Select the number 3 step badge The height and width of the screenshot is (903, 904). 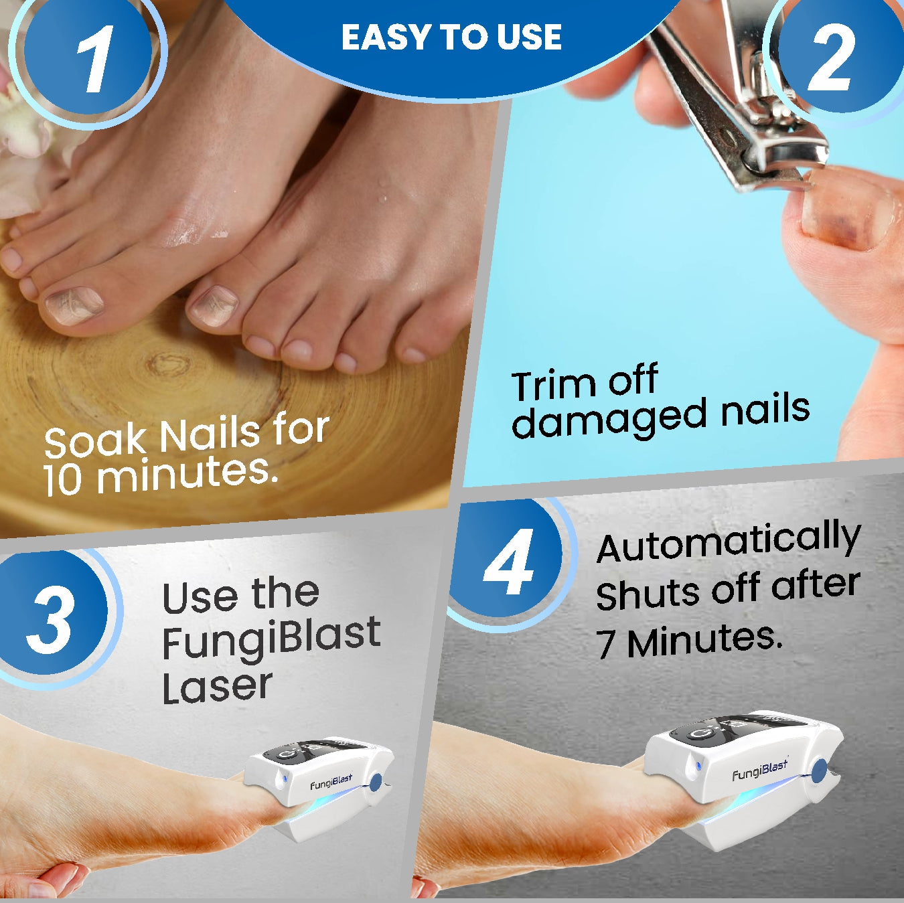[51, 618]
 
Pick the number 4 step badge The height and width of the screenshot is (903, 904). [509, 562]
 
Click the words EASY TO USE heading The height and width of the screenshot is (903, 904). [451, 37]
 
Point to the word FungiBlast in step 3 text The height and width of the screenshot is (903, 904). [271, 639]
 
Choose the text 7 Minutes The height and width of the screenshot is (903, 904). [690, 641]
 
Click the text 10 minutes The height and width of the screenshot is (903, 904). [161, 476]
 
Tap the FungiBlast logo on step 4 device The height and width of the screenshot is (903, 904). [760, 770]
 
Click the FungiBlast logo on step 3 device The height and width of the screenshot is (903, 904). [331, 782]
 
